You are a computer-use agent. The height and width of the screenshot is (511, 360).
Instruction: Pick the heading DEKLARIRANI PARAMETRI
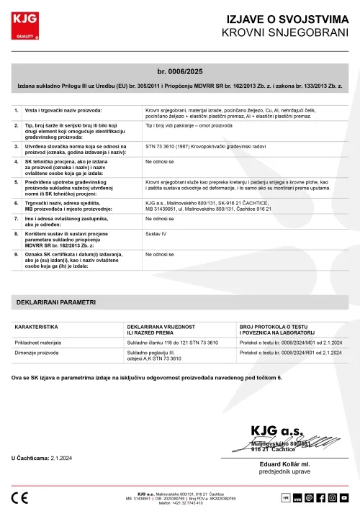click(56, 303)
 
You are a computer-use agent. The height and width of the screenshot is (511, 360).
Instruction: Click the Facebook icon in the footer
click(322, 497)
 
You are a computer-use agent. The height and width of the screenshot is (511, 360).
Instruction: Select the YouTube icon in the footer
click(346, 497)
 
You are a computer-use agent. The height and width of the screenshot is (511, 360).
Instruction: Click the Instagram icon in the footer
click(334, 497)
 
